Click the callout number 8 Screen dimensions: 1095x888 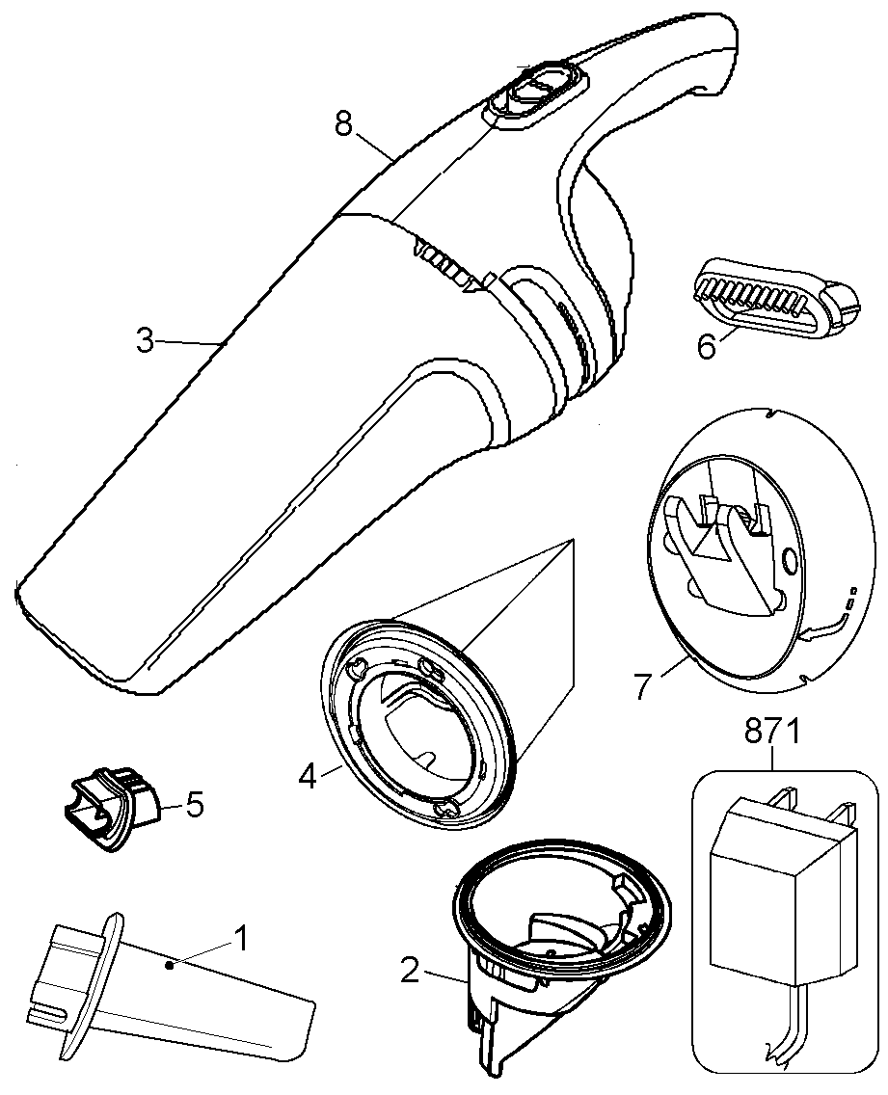pos(342,123)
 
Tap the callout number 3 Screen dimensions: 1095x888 pos(145,340)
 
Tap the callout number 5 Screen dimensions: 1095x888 pos(195,804)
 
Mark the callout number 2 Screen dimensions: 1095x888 pos(410,971)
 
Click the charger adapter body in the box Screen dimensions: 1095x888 pos(771,877)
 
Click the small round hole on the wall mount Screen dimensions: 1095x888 pos(788,560)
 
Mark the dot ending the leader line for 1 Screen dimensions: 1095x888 pos(170,963)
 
